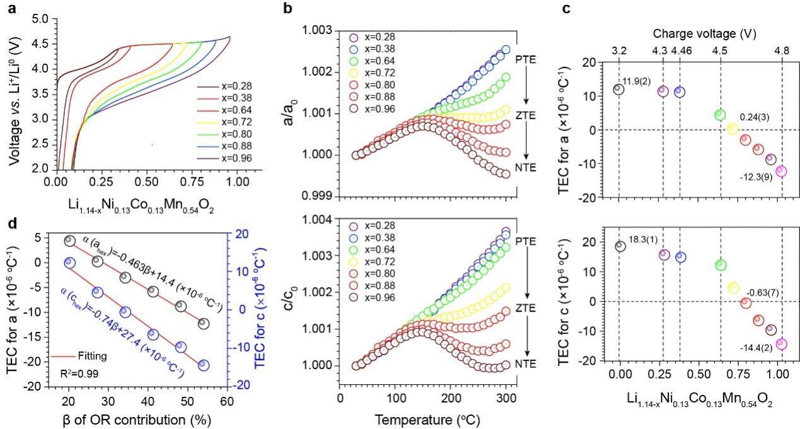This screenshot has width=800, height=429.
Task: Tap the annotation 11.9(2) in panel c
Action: click(x=637, y=82)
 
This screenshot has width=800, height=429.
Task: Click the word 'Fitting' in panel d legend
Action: click(x=91, y=356)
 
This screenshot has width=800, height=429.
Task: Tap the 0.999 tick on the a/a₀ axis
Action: click(x=319, y=196)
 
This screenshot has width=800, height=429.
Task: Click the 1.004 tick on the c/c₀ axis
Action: click(x=319, y=220)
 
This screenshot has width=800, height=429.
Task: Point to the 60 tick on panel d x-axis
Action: click(x=227, y=401)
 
